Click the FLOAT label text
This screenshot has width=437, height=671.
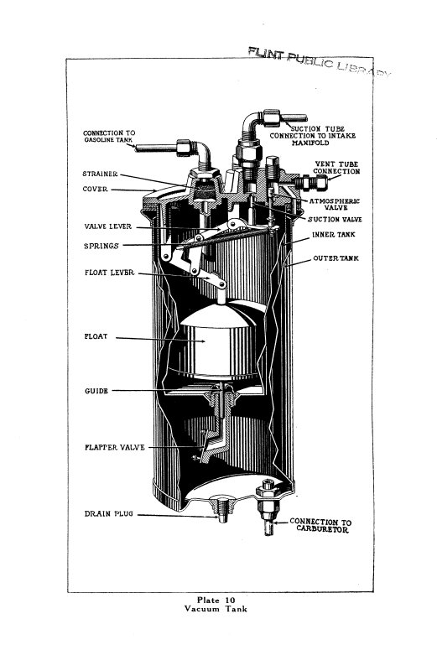coord(96,339)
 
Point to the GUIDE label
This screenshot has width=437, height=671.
coord(96,391)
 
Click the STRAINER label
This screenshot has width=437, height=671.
coord(100,175)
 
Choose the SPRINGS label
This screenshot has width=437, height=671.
coord(100,247)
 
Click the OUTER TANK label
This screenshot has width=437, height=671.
coord(336,258)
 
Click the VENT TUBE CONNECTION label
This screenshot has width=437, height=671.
coord(337,168)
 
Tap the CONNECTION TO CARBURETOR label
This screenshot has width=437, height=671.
coord(320,526)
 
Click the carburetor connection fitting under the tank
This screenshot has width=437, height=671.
coord(272,512)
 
